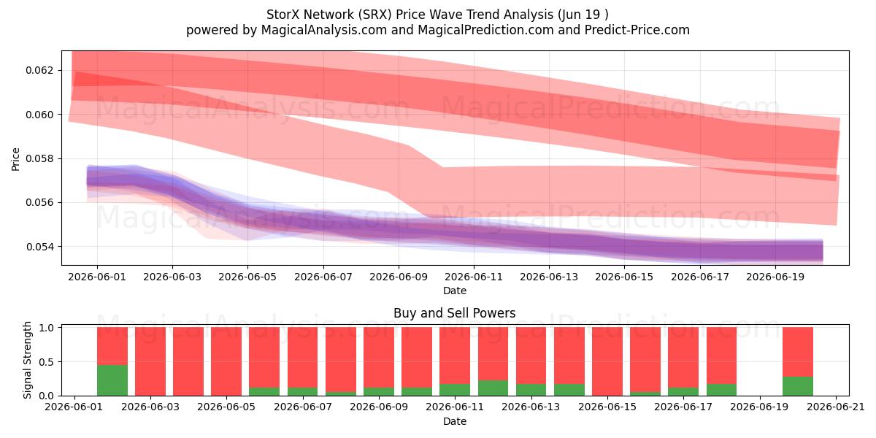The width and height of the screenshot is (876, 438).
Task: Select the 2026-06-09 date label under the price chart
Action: pyautogui.click(x=399, y=277)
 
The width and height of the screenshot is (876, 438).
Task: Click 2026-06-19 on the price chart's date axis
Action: pyautogui.click(x=775, y=277)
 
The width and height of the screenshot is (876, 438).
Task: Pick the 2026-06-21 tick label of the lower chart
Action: pyautogui.click(x=836, y=407)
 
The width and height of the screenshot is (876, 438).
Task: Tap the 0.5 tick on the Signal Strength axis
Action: pyautogui.click(x=45, y=362)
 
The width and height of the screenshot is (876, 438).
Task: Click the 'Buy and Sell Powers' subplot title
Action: pyautogui.click(x=454, y=313)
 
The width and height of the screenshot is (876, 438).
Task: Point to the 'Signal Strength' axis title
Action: pyautogui.click(x=27, y=360)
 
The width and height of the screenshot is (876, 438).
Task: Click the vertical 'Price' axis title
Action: pyautogui.click(x=15, y=159)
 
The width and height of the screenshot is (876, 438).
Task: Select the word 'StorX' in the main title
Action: pyautogui.click(x=283, y=15)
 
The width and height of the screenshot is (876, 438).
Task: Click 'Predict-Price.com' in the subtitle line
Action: pyautogui.click(x=637, y=30)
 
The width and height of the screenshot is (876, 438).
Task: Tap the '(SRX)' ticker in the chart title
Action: pyautogui.click(x=374, y=15)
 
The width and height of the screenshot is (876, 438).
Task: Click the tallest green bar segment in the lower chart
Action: pyautogui.click(x=112, y=380)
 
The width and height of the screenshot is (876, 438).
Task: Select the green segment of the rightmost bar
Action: pyautogui.click(x=798, y=386)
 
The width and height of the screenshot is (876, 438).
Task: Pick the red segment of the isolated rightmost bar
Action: pyautogui.click(x=798, y=352)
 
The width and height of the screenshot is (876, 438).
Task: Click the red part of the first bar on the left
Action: pyautogui.click(x=112, y=346)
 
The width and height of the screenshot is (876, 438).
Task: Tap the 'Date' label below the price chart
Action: pyautogui.click(x=454, y=291)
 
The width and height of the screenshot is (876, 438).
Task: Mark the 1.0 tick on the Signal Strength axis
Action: pyautogui.click(x=45, y=328)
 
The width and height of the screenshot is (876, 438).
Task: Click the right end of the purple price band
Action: pyautogui.click(x=823, y=251)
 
